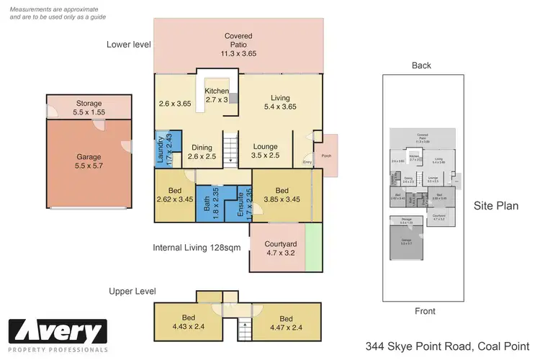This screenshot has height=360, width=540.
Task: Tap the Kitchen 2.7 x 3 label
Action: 217,95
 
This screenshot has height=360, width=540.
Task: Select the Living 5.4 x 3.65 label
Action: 279,103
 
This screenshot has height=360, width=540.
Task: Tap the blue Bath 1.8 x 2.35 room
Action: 207,204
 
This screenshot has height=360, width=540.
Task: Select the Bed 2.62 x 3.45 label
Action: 175,194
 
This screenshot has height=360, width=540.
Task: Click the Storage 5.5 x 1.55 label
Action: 89,108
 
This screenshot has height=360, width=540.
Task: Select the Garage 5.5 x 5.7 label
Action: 89,161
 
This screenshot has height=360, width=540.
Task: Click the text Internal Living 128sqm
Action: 196,248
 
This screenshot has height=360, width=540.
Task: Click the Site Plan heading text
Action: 496,206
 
